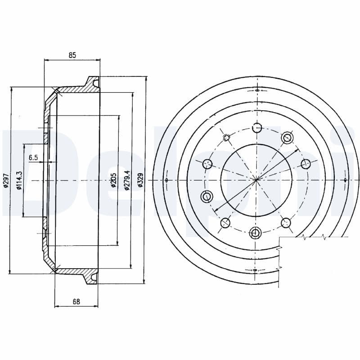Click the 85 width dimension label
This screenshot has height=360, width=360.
tap(72, 55)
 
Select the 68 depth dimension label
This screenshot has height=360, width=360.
tap(76, 301)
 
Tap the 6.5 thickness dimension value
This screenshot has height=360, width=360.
tap(33, 157)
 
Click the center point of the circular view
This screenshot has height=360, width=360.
tap(256, 180)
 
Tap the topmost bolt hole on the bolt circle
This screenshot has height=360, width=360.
tap(256, 128)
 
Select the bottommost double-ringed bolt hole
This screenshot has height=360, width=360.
tap(256, 233)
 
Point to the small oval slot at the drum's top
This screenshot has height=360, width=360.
tap(256, 90)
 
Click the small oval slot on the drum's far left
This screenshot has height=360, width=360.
tap(167, 180)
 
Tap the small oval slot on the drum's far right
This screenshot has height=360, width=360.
tap(345, 180)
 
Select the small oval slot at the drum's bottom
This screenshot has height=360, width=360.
tap(256, 270)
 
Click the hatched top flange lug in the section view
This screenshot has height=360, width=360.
tap(92, 83)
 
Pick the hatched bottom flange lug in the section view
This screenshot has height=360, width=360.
tap(92, 277)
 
